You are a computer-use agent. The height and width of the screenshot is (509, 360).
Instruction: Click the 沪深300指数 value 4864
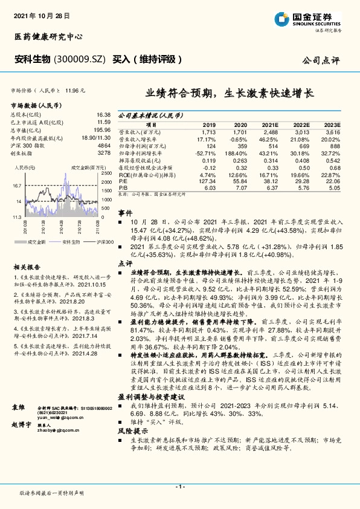104,146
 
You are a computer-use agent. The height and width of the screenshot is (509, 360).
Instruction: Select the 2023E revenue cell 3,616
332,132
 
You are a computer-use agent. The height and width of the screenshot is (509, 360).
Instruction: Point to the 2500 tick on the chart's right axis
107,173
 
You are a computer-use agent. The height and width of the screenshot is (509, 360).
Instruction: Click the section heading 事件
124,214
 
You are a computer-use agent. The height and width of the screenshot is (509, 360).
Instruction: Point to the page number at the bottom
179,487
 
